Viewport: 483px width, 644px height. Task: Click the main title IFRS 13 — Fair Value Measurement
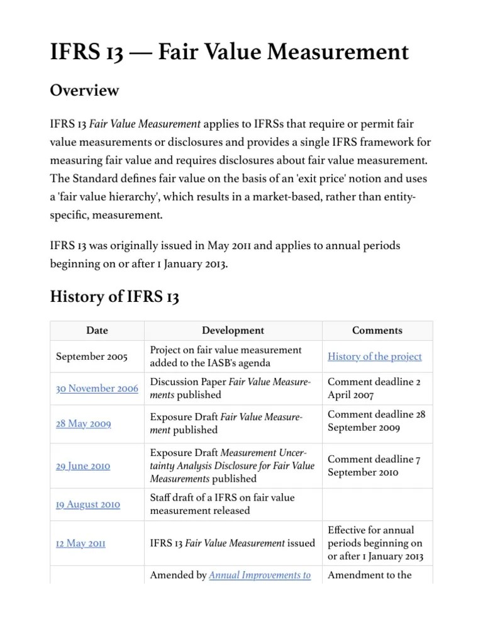(230, 52)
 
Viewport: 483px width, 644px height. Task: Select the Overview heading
(84, 91)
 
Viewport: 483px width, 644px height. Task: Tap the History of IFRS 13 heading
(114, 297)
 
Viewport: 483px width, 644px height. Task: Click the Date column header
(97, 330)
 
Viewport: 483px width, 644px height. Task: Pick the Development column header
(233, 330)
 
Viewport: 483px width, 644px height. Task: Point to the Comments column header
(377, 330)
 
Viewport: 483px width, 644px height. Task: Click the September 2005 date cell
(91, 357)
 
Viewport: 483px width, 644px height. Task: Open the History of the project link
(374, 357)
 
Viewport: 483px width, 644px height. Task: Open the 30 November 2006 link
(97, 389)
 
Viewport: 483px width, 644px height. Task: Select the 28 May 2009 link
(84, 424)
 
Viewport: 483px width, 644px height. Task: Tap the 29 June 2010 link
(83, 466)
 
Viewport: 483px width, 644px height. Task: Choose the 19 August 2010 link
(88, 504)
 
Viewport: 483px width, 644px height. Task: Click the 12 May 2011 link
(80, 543)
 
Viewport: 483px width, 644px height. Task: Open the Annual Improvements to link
(259, 575)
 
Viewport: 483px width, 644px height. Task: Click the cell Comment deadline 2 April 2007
(374, 388)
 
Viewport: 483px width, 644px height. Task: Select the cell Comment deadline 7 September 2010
(374, 465)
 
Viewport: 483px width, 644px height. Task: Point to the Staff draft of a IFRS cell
(222, 504)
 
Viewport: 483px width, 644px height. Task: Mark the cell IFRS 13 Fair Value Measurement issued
(232, 543)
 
